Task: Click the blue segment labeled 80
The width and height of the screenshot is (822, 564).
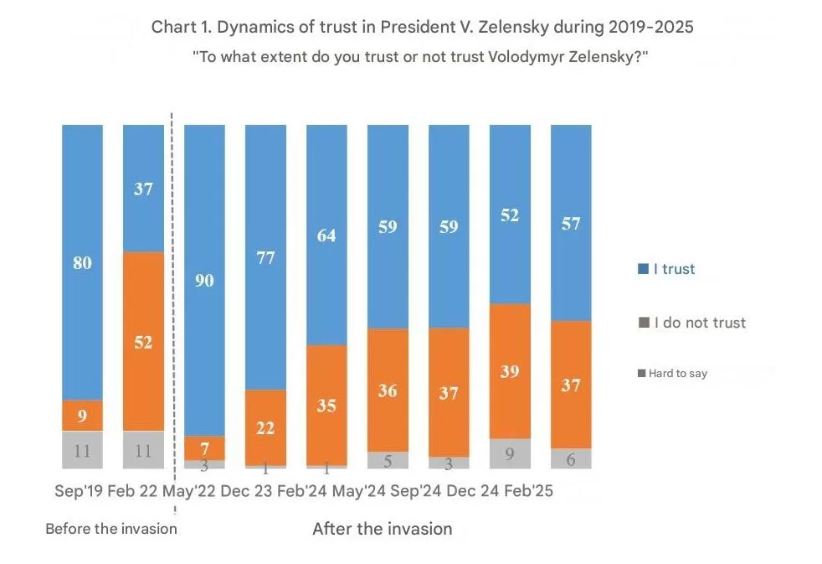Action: coord(82,262)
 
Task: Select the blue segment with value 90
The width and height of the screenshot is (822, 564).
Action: coord(204,280)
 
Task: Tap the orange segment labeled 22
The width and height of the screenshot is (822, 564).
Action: coord(265,427)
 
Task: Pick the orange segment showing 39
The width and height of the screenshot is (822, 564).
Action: coord(510,370)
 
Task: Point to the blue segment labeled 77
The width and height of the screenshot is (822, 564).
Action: coord(265,256)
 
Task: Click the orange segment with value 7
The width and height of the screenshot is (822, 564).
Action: coord(204,448)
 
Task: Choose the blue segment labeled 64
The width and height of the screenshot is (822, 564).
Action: coord(326,235)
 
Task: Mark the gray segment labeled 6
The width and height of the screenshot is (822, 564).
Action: coord(571,458)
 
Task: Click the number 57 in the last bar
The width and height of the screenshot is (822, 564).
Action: coord(571,224)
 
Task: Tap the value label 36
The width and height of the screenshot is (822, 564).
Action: coord(388,390)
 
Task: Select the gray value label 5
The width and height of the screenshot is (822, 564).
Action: coord(388,459)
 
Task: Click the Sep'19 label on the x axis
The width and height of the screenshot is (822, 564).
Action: coord(79,491)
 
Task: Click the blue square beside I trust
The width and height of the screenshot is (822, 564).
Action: coord(643,269)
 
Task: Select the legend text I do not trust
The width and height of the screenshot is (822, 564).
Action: coord(700,323)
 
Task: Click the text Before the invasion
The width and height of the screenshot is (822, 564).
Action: coord(111,529)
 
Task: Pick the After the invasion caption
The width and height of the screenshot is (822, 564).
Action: coord(382,529)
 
